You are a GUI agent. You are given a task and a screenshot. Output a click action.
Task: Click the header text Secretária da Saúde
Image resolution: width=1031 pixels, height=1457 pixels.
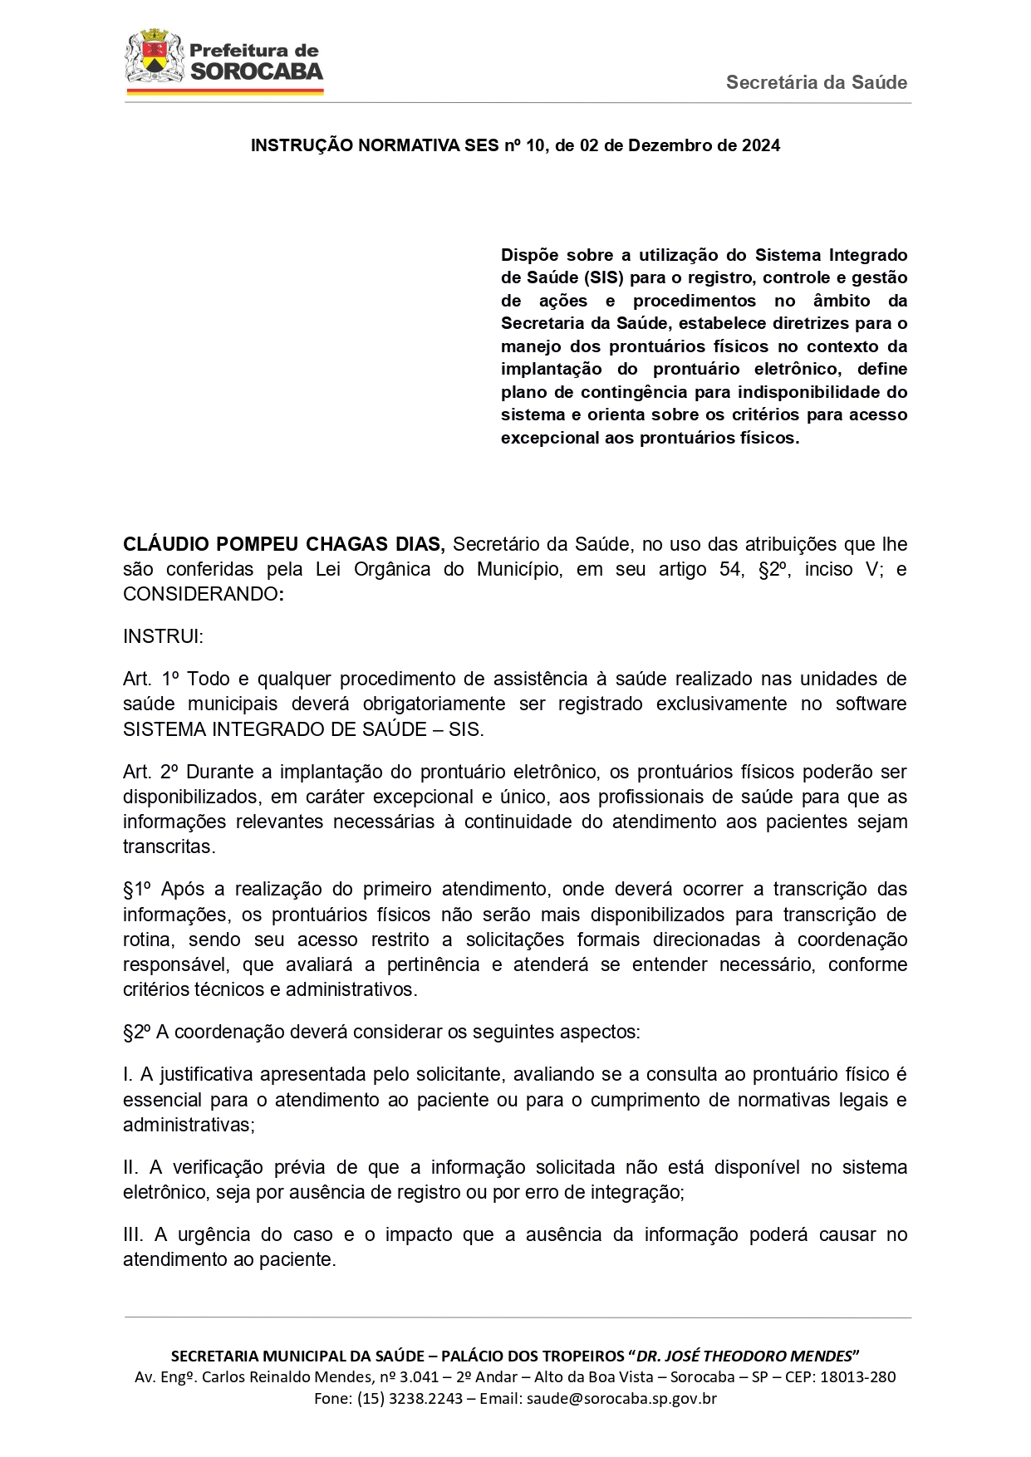pyautogui.click(x=816, y=82)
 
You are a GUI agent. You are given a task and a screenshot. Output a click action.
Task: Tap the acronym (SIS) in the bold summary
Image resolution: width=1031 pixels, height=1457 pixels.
pyautogui.click(x=603, y=278)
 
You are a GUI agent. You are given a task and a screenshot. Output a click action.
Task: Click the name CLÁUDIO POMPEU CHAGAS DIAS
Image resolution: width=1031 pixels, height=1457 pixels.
pyautogui.click(x=283, y=545)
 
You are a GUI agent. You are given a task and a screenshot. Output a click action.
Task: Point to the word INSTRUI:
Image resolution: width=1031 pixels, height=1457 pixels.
pyautogui.click(x=163, y=637)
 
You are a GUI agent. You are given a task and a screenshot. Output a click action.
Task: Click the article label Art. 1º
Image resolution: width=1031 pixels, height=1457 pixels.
pyautogui.click(x=151, y=679)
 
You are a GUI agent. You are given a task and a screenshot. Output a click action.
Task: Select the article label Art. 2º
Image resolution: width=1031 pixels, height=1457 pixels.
pyautogui.click(x=151, y=773)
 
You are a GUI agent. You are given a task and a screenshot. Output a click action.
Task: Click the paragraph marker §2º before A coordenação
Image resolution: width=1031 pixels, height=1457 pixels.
pyautogui.click(x=137, y=1033)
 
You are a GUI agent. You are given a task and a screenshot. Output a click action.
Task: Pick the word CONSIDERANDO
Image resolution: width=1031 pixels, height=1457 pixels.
pyautogui.click(x=201, y=595)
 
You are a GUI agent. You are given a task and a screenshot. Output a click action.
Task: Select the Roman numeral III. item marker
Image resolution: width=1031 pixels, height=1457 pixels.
pyautogui.click(x=133, y=1235)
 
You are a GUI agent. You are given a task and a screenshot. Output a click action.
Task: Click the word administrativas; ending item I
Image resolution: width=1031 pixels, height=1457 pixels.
pyautogui.click(x=189, y=1126)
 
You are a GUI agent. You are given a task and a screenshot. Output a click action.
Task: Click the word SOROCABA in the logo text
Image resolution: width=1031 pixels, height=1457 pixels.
pyautogui.click(x=256, y=71)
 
